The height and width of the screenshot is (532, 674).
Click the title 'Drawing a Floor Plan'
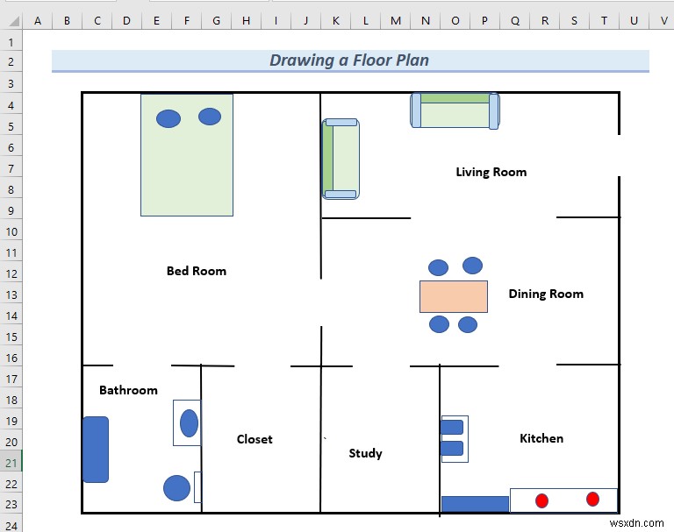coord(349,60)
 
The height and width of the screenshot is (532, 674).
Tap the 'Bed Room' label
coord(197,271)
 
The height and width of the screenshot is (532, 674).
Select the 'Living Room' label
coord(491,172)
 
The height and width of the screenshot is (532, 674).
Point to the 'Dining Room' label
coord(545,294)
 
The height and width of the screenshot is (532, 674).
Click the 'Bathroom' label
coord(128,390)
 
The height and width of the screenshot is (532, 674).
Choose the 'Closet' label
coord(255,439)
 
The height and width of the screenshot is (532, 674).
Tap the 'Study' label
coord(365,453)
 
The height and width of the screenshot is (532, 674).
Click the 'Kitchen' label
coord(541,438)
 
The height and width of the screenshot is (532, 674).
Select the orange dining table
coord(453,296)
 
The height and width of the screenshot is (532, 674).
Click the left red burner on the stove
coord(541,500)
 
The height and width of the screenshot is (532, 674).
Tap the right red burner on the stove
coord(592,499)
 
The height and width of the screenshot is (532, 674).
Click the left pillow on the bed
coord(168,118)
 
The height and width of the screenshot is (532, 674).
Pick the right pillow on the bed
coord(210,117)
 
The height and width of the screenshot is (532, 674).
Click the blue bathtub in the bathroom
coord(96,449)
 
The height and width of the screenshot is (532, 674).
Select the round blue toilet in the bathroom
coord(176,488)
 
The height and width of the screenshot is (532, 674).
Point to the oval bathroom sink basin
coord(189,423)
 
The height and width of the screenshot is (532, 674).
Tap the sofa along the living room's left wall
coord(341,159)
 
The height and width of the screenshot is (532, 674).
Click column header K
coord(335,20)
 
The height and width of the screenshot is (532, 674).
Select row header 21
coord(11,463)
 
